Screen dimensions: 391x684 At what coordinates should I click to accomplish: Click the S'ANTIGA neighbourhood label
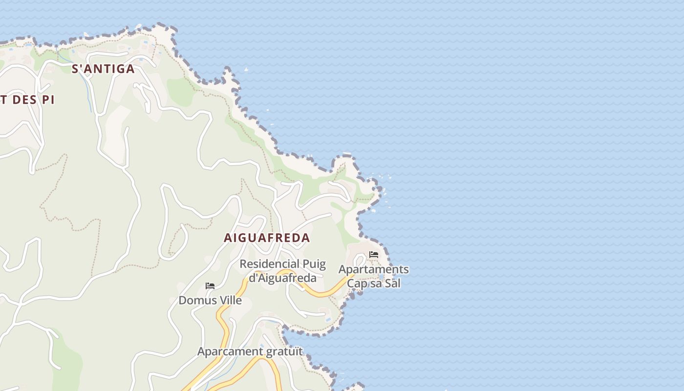[103, 69]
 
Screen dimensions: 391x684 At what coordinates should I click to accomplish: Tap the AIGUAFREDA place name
[267, 238]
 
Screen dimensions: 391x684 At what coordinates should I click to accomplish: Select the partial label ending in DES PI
[27, 100]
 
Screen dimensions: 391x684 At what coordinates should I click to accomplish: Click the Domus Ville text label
[210, 300]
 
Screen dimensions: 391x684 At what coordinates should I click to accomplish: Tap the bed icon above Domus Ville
[210, 286]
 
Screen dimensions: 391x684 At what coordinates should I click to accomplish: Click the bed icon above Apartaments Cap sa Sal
[374, 255]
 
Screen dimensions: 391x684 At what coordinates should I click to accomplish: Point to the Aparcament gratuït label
[250, 351]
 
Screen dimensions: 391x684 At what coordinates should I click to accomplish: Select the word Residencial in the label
[269, 264]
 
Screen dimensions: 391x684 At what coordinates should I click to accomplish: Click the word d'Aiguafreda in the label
[283, 278]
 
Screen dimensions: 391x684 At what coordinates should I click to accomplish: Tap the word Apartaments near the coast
[373, 269]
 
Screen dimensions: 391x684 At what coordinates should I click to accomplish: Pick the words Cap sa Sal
[373, 283]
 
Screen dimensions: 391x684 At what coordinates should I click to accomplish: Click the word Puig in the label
[314, 264]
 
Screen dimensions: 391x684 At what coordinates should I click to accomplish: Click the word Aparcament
[230, 351]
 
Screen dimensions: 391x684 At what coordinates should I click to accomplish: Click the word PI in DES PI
[48, 100]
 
